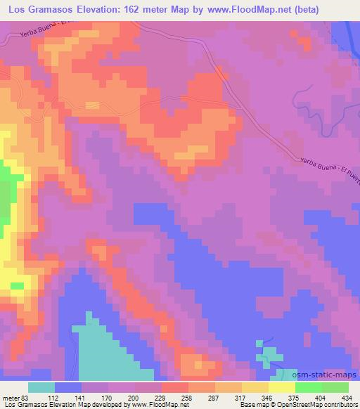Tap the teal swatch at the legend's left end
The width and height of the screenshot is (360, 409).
[41, 387]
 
